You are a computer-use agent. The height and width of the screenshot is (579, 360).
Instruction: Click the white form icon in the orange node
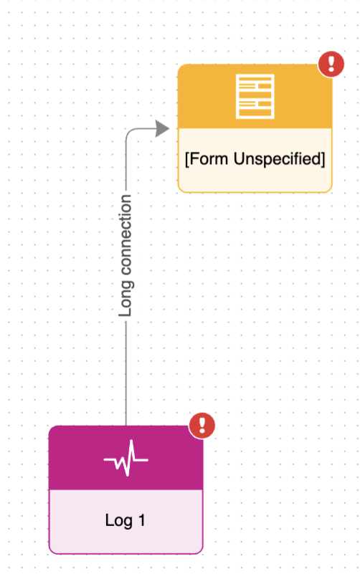click(x=255, y=96)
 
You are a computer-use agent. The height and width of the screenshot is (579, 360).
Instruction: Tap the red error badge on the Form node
click(x=331, y=64)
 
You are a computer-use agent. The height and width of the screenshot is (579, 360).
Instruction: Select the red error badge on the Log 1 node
click(x=202, y=426)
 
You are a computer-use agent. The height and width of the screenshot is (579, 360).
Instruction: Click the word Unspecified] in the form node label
click(x=280, y=159)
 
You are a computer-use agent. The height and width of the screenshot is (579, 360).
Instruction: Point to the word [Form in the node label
click(x=207, y=159)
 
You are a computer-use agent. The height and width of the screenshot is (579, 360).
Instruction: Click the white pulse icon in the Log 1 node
click(x=126, y=458)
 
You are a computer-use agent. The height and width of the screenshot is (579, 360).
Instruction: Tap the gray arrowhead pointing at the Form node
click(x=162, y=128)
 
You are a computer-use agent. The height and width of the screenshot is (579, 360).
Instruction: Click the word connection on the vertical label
click(x=126, y=235)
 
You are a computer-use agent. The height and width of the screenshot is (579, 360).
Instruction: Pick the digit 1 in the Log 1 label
click(x=141, y=520)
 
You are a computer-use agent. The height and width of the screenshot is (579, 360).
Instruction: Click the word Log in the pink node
click(x=118, y=521)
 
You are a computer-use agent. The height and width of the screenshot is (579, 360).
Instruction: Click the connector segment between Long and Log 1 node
click(x=126, y=373)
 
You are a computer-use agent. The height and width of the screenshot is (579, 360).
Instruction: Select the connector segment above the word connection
click(x=126, y=164)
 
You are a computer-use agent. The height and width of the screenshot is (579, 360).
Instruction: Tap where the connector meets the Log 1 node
click(x=126, y=426)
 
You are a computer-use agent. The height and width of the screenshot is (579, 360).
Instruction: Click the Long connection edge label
click(x=126, y=256)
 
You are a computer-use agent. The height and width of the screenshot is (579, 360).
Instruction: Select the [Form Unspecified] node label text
click(x=255, y=159)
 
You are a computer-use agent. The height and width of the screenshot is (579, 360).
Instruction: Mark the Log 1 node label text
click(x=125, y=521)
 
